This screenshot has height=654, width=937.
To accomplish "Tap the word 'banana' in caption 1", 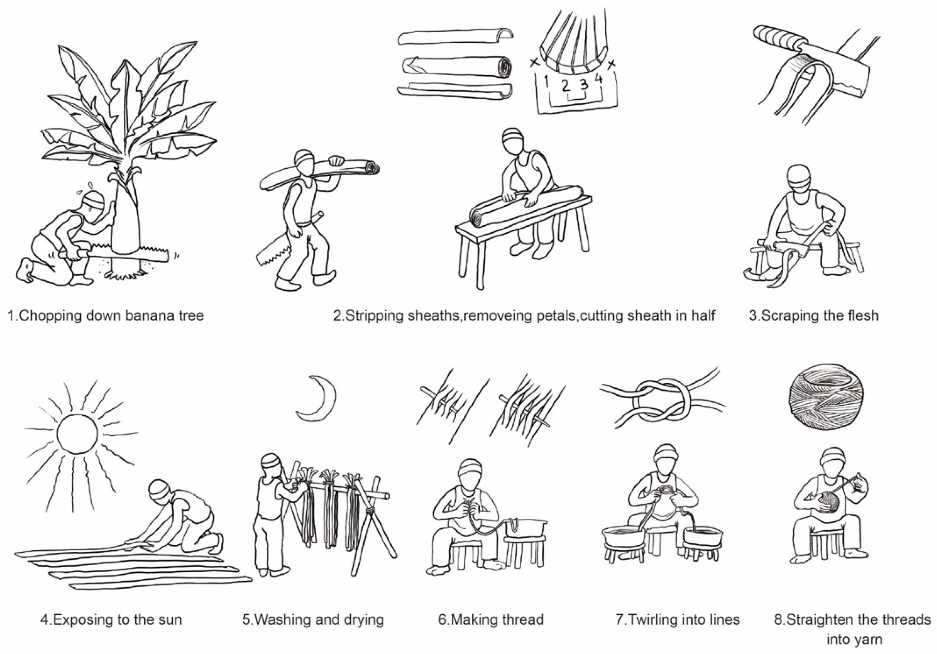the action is click(x=136, y=316).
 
